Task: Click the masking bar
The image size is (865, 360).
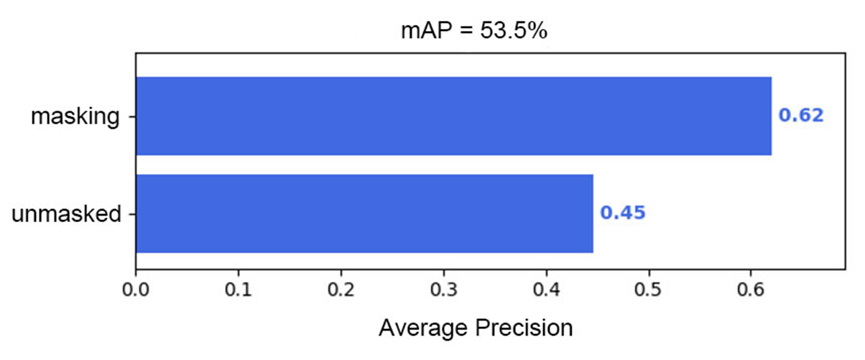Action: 453,116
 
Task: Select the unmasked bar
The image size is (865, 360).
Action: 364,213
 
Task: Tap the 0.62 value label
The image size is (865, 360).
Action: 801,116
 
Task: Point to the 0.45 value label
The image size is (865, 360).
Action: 623,213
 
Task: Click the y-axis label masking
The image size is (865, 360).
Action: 75,116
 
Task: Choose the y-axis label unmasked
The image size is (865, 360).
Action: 65,214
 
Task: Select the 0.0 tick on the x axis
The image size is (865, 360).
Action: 136,291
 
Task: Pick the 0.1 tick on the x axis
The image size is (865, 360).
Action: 239,291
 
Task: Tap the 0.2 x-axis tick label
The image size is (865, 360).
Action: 341,291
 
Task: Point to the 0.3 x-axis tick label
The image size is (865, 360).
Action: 444,291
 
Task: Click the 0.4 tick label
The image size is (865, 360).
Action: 547,291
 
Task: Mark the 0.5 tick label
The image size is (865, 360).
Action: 649,291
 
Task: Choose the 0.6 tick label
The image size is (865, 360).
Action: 751,291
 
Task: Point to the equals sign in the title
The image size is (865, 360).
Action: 461,32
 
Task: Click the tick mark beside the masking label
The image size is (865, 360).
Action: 132,116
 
